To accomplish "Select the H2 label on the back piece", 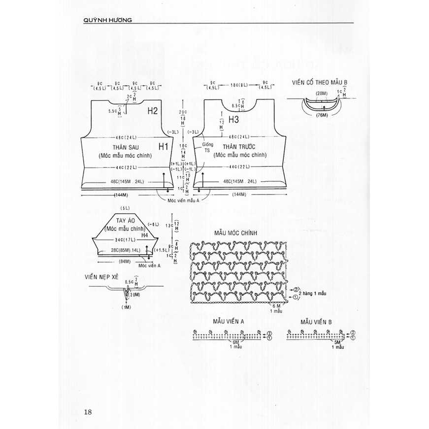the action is [x=153, y=111].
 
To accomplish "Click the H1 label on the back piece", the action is [x=164, y=146].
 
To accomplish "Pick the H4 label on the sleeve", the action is [x=144, y=236].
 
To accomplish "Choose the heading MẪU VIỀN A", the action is [x=229, y=321].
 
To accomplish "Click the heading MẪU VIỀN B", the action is [x=317, y=321].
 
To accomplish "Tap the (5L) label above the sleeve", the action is [x=124, y=208].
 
